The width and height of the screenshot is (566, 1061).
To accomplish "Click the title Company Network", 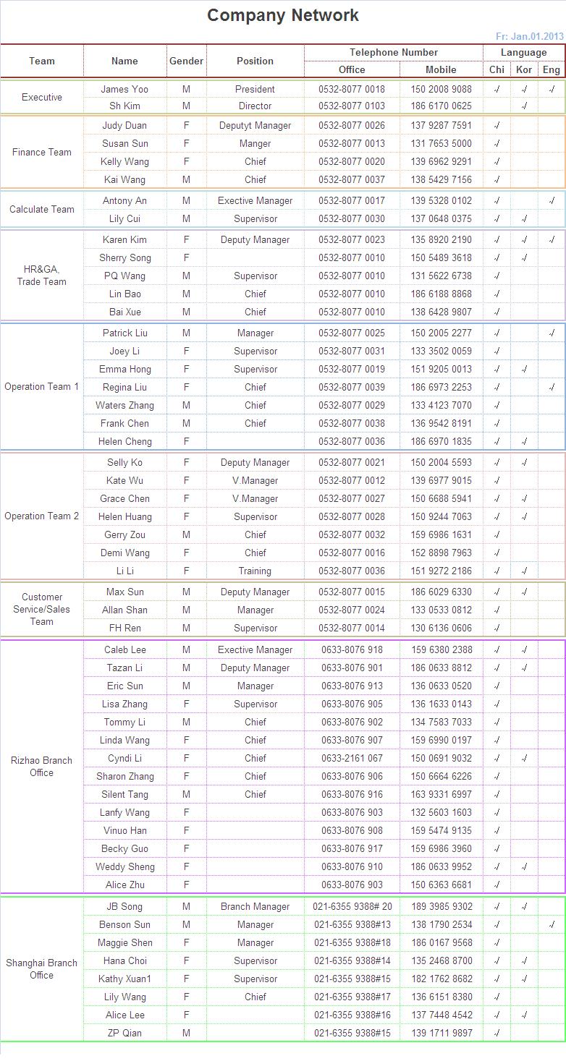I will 282,15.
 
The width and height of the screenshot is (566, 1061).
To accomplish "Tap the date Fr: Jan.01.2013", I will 529,36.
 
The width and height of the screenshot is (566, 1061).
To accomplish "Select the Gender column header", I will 186,61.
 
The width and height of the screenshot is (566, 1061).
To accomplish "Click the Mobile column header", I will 441,70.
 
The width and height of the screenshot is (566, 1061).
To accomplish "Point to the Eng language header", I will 551,70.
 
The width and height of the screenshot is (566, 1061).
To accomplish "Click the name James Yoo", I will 124,90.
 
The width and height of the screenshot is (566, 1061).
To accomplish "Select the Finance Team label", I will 42,153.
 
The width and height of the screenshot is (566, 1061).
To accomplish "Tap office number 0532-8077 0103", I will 352,106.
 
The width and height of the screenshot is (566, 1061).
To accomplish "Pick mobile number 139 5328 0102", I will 441,201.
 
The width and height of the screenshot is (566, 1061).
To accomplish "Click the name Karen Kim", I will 124,240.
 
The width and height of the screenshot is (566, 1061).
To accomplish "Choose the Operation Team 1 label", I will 42,387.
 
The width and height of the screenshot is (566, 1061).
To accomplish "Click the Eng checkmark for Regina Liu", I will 552,388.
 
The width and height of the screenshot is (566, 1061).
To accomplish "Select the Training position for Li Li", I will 255,571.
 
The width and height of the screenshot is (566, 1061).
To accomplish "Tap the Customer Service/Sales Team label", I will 42,609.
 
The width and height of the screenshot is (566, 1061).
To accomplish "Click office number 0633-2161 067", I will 352,759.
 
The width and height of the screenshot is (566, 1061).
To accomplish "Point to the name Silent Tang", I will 124,795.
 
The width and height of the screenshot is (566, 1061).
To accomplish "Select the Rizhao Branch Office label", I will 42,767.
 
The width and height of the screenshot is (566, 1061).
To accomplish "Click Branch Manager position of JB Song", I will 255,907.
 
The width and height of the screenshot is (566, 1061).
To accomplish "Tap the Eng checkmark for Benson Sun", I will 552,925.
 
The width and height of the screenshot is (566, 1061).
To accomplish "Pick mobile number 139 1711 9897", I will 441,1034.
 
